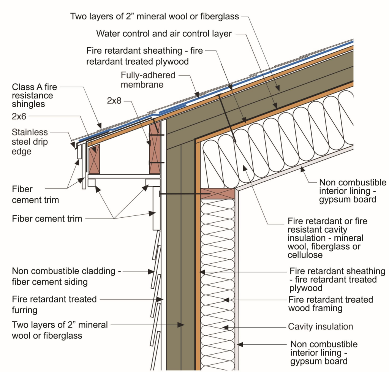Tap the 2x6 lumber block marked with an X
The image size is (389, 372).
(94, 158)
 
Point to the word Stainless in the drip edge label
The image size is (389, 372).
(30, 132)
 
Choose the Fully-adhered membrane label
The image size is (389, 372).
(148, 79)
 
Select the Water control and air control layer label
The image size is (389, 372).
(164, 33)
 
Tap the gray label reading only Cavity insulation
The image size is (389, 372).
(320, 326)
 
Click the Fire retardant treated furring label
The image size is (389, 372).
(54, 304)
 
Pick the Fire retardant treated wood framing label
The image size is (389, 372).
(330, 304)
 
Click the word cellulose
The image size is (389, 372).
(305, 255)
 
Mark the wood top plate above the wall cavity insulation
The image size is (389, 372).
(217, 193)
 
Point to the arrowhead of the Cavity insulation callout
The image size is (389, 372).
(224, 327)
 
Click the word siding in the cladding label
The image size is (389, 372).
(76, 282)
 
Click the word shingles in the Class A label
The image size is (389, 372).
(28, 104)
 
